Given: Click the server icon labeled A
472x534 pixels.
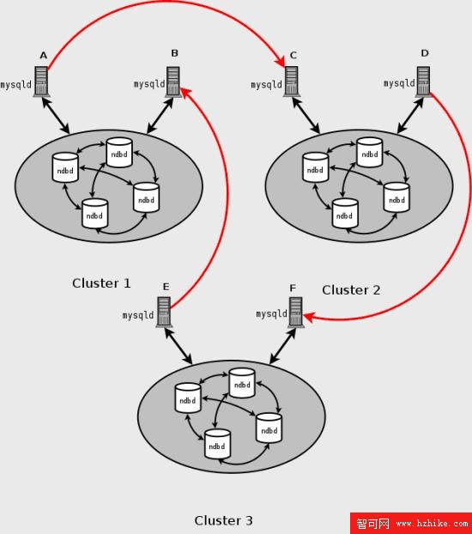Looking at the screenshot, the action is click(41, 82).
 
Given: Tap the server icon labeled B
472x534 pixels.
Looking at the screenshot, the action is click(173, 82).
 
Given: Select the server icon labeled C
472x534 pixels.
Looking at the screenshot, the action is click(292, 82).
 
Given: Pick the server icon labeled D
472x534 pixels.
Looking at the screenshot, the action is click(423, 82).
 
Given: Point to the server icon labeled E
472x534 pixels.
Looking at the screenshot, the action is click(164, 312).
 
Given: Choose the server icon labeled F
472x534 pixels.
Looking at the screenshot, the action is click(295, 313).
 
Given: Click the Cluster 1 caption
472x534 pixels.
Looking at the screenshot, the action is click(101, 283).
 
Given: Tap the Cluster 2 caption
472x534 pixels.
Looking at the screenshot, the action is click(351, 290).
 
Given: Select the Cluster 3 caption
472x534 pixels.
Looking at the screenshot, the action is click(223, 520).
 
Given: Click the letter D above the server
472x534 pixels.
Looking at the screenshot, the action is click(425, 53).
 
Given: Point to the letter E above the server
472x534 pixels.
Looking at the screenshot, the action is click(166, 287).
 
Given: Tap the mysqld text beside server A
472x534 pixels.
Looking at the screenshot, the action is click(16, 85).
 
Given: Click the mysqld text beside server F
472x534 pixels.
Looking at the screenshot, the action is click(272, 313).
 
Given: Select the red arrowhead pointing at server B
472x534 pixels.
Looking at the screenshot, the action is click(185, 92).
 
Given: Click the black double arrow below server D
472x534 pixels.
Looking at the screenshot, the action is click(410, 115).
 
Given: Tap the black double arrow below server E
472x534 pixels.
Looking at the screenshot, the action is click(179, 345).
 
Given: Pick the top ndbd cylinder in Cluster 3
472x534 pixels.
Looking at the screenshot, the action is click(242, 383).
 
